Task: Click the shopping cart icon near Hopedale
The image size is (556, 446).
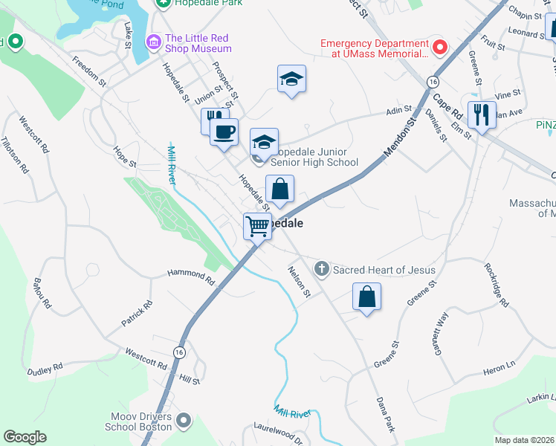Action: (257, 225)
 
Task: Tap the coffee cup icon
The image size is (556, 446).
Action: (224, 132)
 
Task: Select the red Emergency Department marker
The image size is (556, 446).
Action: (439, 48)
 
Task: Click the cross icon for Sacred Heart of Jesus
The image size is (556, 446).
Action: (322, 269)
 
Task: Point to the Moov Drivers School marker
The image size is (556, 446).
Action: (185, 421)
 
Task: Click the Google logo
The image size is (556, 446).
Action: (25, 437)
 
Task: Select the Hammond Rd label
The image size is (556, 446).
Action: (190, 277)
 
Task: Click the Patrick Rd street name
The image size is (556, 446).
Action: (137, 314)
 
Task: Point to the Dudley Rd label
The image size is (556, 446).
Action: (45, 369)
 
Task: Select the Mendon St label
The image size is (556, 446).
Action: (398, 141)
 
